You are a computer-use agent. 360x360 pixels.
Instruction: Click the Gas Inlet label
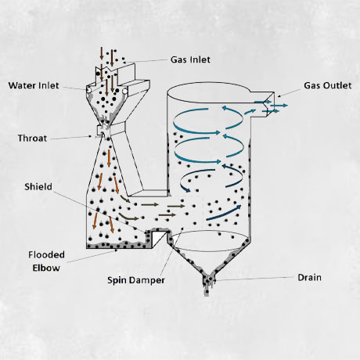click(x=190, y=59)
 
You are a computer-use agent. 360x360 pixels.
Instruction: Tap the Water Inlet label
click(x=34, y=85)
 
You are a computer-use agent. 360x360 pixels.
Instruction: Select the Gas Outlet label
click(x=328, y=85)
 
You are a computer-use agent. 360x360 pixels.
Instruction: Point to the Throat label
click(x=32, y=139)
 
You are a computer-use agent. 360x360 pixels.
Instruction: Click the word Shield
click(x=38, y=187)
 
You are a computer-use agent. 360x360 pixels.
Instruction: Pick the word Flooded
click(x=46, y=254)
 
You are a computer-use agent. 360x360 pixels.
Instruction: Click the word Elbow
click(x=46, y=268)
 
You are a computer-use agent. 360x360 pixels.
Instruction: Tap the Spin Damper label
click(x=136, y=280)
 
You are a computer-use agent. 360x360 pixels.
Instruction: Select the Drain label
click(x=309, y=277)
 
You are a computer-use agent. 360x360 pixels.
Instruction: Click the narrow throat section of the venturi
click(x=105, y=131)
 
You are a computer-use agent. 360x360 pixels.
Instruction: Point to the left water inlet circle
click(x=89, y=90)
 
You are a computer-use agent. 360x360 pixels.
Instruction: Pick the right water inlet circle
click(x=124, y=91)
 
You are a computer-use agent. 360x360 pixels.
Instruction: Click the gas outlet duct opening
click(x=269, y=106)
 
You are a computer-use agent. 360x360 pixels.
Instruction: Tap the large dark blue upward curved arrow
click(x=224, y=212)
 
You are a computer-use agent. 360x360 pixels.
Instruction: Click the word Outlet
click(x=338, y=85)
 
